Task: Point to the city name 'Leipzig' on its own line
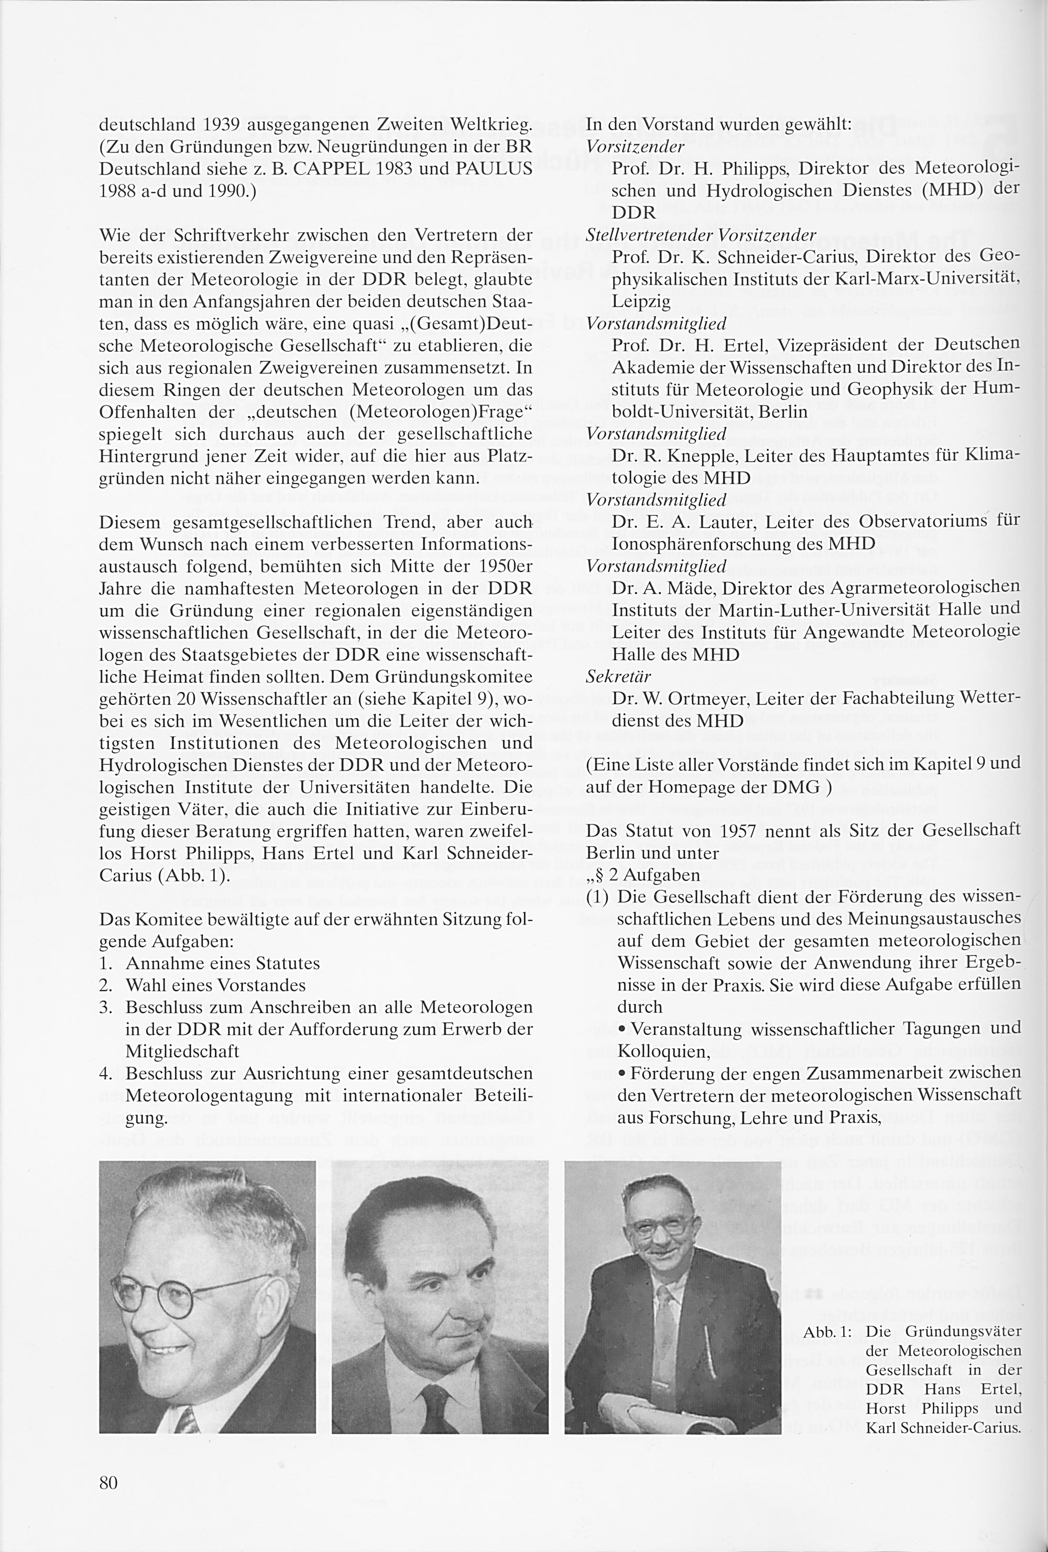pyautogui.click(x=641, y=301)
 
